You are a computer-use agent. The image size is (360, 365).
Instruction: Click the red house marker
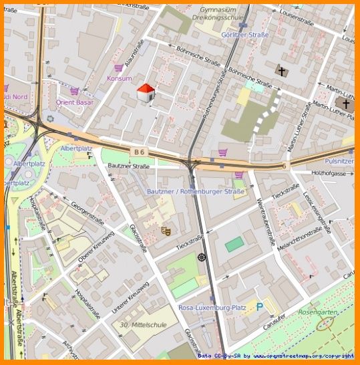146,93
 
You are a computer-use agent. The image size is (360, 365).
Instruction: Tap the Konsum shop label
119,78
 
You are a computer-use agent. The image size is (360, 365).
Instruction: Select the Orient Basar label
74,102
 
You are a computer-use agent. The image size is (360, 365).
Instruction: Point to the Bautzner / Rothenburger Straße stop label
196,191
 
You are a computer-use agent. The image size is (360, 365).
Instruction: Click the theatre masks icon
165,231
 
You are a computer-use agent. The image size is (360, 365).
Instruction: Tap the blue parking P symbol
260,307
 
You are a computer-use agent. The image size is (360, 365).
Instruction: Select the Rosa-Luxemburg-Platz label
212,308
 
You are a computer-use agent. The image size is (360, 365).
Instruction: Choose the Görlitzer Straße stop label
245,35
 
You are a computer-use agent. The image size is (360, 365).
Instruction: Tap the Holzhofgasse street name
333,172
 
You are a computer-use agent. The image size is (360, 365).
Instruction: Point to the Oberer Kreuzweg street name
96,245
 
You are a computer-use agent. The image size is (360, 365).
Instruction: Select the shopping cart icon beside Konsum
118,68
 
